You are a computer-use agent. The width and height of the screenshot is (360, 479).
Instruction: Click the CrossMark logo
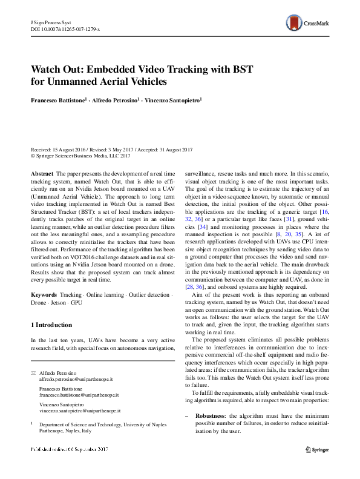click(x=309, y=24)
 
